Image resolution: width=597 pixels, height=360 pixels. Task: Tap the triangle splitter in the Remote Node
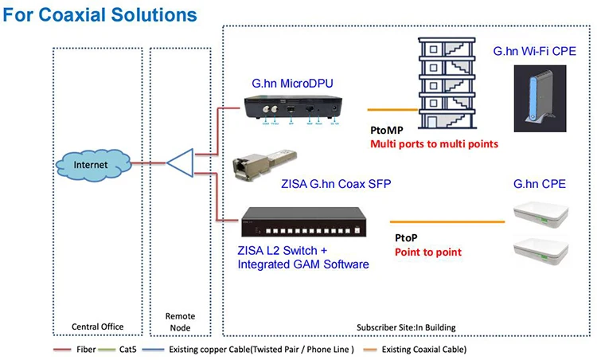coord(181,164)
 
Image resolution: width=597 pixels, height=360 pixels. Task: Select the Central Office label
coord(96,327)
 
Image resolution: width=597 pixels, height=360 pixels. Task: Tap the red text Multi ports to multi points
coord(432,144)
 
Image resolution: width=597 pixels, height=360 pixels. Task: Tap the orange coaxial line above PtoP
coord(447,221)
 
